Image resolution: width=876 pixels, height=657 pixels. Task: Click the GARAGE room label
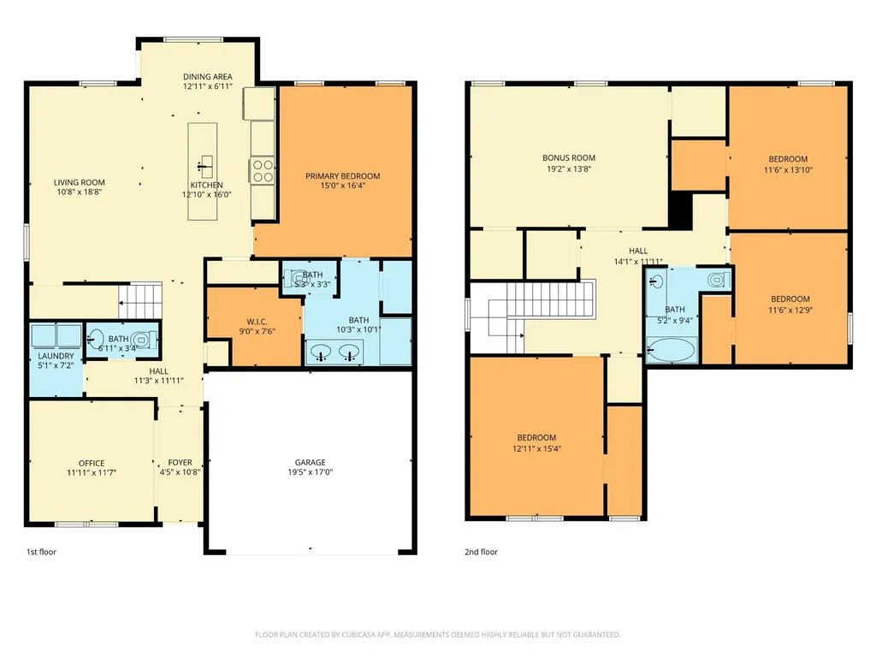310,463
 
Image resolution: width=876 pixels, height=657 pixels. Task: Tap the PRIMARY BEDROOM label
342,176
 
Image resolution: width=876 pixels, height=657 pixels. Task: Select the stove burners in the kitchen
262,171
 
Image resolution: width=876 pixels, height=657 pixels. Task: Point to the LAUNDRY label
56,356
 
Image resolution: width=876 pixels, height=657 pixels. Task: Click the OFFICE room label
92,463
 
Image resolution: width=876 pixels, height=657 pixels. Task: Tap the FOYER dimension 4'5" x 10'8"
180,472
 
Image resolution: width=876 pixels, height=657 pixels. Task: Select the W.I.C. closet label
257,322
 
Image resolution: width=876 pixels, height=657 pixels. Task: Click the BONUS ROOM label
569,158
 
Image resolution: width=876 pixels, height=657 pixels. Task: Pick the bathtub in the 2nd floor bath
672,350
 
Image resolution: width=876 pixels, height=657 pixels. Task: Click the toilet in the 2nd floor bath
718,280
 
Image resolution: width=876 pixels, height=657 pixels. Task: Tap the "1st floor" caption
41,552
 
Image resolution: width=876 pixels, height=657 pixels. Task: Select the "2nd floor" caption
481,552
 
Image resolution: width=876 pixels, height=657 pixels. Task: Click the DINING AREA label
208,76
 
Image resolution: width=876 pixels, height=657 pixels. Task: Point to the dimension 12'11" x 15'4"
537,448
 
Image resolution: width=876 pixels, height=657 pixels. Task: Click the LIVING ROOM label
80,182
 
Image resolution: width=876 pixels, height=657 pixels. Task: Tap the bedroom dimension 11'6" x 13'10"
788,170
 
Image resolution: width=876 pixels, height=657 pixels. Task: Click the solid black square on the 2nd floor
680,210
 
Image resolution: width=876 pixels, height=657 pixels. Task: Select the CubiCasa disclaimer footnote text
437,635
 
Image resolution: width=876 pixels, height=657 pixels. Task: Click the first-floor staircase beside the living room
140,302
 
